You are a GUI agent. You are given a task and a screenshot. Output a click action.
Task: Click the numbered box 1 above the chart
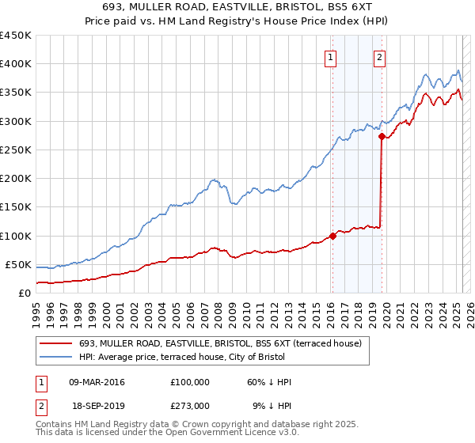click(x=329, y=57)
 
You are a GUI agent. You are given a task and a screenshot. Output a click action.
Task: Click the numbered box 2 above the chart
click(x=379, y=57)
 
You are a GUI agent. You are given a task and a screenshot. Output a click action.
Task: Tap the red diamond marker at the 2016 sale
click(x=332, y=236)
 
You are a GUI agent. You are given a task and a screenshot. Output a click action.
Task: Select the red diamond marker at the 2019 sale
click(x=382, y=137)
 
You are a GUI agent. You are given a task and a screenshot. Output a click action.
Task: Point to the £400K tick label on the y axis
click(x=15, y=64)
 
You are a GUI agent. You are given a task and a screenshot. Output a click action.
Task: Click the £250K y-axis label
click(x=15, y=150)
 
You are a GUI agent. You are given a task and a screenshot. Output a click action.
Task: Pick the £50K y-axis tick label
click(x=19, y=264)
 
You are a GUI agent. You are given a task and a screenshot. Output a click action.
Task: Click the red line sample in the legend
click(x=55, y=343)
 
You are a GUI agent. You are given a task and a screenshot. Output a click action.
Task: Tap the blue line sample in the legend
click(x=55, y=356)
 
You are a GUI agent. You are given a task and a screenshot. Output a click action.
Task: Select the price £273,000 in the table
click(x=190, y=405)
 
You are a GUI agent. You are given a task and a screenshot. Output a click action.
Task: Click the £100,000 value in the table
click(x=190, y=382)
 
